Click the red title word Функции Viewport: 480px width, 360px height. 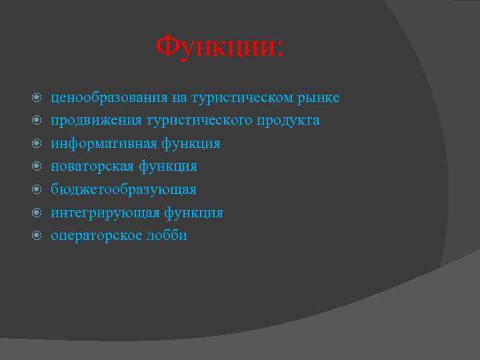219,47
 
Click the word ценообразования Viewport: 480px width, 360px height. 109,98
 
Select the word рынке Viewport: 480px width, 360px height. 318,98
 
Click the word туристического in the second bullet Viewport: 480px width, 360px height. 199,121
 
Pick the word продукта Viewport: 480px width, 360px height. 289,121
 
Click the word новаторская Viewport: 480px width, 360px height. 93,166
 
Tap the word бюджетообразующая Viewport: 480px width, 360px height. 124,189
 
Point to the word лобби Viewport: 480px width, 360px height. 167,235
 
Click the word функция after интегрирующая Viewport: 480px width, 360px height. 193,213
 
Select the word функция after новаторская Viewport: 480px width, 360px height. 168,166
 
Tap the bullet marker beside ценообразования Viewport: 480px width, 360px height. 37,98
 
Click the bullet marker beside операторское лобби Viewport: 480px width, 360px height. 37,235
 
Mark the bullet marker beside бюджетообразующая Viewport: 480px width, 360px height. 37,189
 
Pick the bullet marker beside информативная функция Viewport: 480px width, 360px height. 37,143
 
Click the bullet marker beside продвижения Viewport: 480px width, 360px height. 37,121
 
